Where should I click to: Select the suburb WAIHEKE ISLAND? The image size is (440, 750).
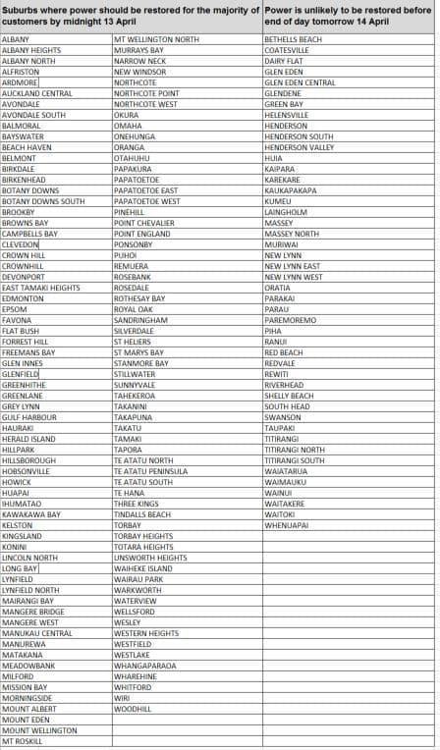tap(142, 568)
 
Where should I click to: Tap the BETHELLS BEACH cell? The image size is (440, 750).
tap(293, 39)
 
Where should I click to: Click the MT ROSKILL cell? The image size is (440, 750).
tap(23, 741)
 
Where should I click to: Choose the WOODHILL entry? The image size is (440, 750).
tap(133, 709)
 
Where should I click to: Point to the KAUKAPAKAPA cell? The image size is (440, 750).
tap(291, 190)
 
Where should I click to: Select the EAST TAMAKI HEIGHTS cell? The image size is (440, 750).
tap(41, 288)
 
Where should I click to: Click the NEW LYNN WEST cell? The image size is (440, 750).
tap(293, 277)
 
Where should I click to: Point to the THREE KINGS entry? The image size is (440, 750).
tap(136, 504)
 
